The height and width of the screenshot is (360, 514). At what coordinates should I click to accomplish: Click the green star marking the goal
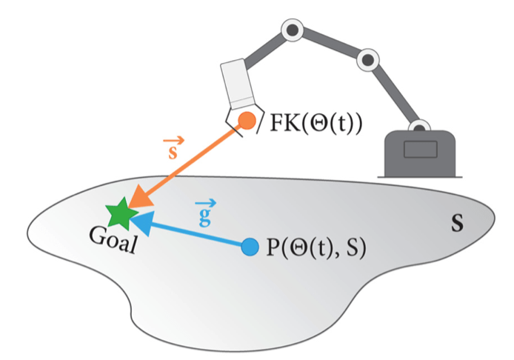point(119,214)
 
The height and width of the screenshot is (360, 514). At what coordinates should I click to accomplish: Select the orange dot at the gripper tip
point(246,120)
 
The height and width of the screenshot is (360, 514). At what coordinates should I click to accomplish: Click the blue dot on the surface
point(250,246)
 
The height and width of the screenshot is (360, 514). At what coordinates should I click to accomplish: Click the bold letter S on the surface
point(458,223)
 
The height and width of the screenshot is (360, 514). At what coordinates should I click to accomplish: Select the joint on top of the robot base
point(421,128)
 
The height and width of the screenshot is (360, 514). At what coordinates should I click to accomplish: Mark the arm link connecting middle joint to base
point(393,93)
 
